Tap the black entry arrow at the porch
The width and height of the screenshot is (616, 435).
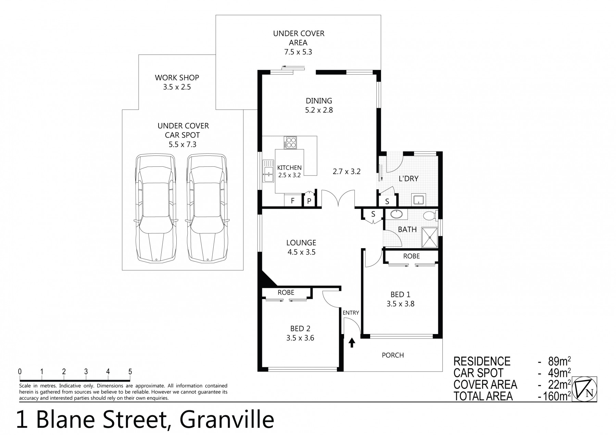click(352, 343)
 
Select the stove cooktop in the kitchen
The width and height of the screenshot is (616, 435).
click(290, 142)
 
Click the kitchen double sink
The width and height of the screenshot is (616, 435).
click(268, 171)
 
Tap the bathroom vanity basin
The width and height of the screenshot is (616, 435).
click(397, 214)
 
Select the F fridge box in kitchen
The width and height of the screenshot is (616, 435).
click(293, 201)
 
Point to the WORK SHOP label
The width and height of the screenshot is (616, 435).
click(177, 78)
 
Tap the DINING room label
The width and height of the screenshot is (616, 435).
click(319, 101)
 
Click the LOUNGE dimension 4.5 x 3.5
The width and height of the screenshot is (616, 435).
click(301, 252)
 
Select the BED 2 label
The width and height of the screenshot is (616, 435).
click(300, 329)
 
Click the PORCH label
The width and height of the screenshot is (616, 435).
click(393, 355)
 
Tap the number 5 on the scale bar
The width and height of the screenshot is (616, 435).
click(130, 372)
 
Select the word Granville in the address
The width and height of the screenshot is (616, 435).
click(227, 420)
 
